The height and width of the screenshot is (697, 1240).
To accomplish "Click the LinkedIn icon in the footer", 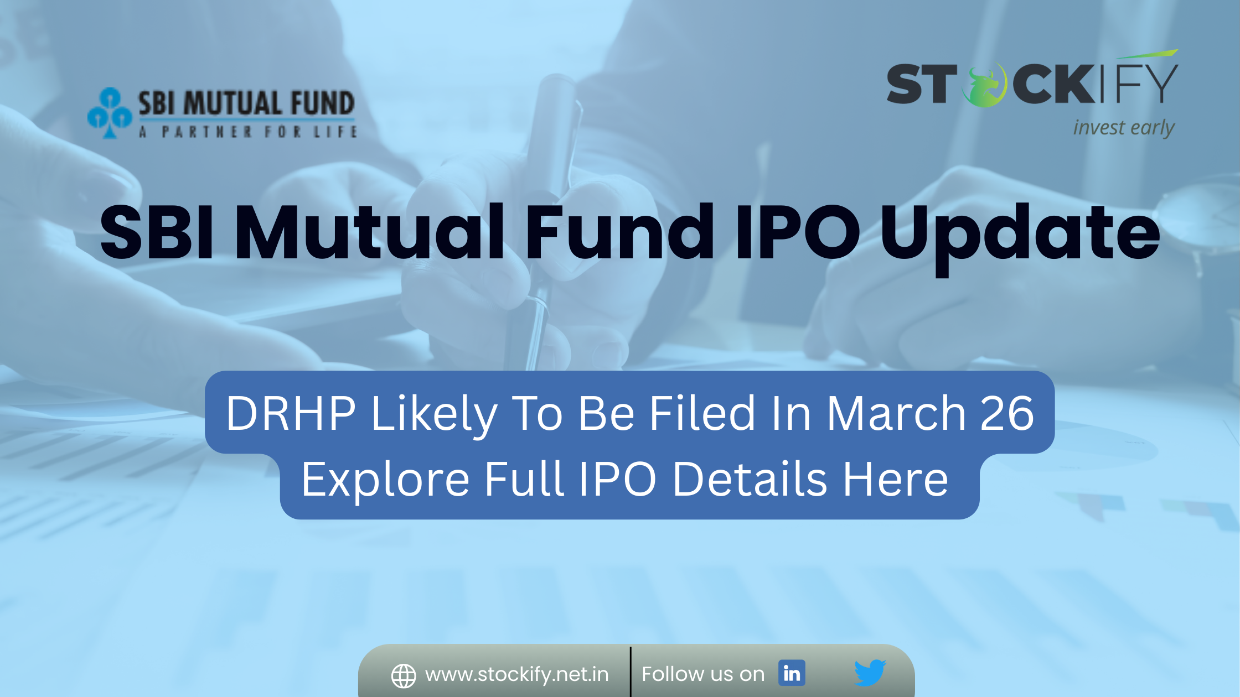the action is coord(792,673).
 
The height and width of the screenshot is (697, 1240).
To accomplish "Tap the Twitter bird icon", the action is coord(870,673).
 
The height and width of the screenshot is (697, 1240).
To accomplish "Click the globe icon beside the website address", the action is coord(404,676).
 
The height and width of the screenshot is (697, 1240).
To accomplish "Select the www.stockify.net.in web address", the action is coord(517,674).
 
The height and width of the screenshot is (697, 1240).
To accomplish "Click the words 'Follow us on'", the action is coord(703,674).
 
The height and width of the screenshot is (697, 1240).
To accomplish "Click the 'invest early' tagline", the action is coord(1124,128).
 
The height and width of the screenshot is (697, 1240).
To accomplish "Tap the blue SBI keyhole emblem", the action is coord(110,113).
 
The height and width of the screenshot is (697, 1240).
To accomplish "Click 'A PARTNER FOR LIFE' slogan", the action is coord(249,132).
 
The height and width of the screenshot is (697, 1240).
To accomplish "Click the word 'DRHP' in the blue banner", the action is coord(291,413).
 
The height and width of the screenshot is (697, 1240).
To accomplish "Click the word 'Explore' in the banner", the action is coord(385,480).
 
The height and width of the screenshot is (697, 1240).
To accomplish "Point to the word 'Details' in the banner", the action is coord(750,478).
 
